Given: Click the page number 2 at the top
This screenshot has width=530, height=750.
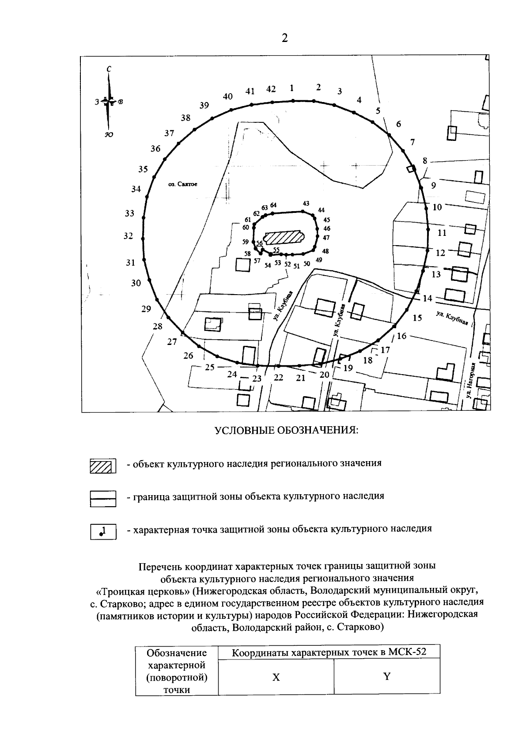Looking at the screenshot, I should pos(284,38).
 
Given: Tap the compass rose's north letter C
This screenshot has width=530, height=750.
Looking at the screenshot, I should pos(109,69).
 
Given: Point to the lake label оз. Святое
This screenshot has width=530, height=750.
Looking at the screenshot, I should pos(183,185).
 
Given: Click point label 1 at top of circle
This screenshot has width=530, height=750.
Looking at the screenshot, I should pos(291,87).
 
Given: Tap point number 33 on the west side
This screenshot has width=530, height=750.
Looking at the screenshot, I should pos(129,213).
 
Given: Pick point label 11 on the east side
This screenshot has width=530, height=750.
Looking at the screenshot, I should pos(442,233).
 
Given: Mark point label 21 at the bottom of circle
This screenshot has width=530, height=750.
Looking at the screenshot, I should pos(301,378).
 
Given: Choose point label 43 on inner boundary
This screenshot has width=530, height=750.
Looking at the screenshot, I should pos(306,203).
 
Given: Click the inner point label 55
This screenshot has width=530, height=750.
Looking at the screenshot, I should pos(276,250).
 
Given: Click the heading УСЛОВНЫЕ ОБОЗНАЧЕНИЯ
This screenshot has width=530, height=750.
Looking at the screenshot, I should pos(286,431).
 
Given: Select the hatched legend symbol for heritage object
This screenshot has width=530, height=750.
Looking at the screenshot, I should pos(102,466).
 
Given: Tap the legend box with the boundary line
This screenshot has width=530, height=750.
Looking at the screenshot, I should pos(102,499).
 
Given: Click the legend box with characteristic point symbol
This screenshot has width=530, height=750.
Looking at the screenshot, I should pos(102,531).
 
